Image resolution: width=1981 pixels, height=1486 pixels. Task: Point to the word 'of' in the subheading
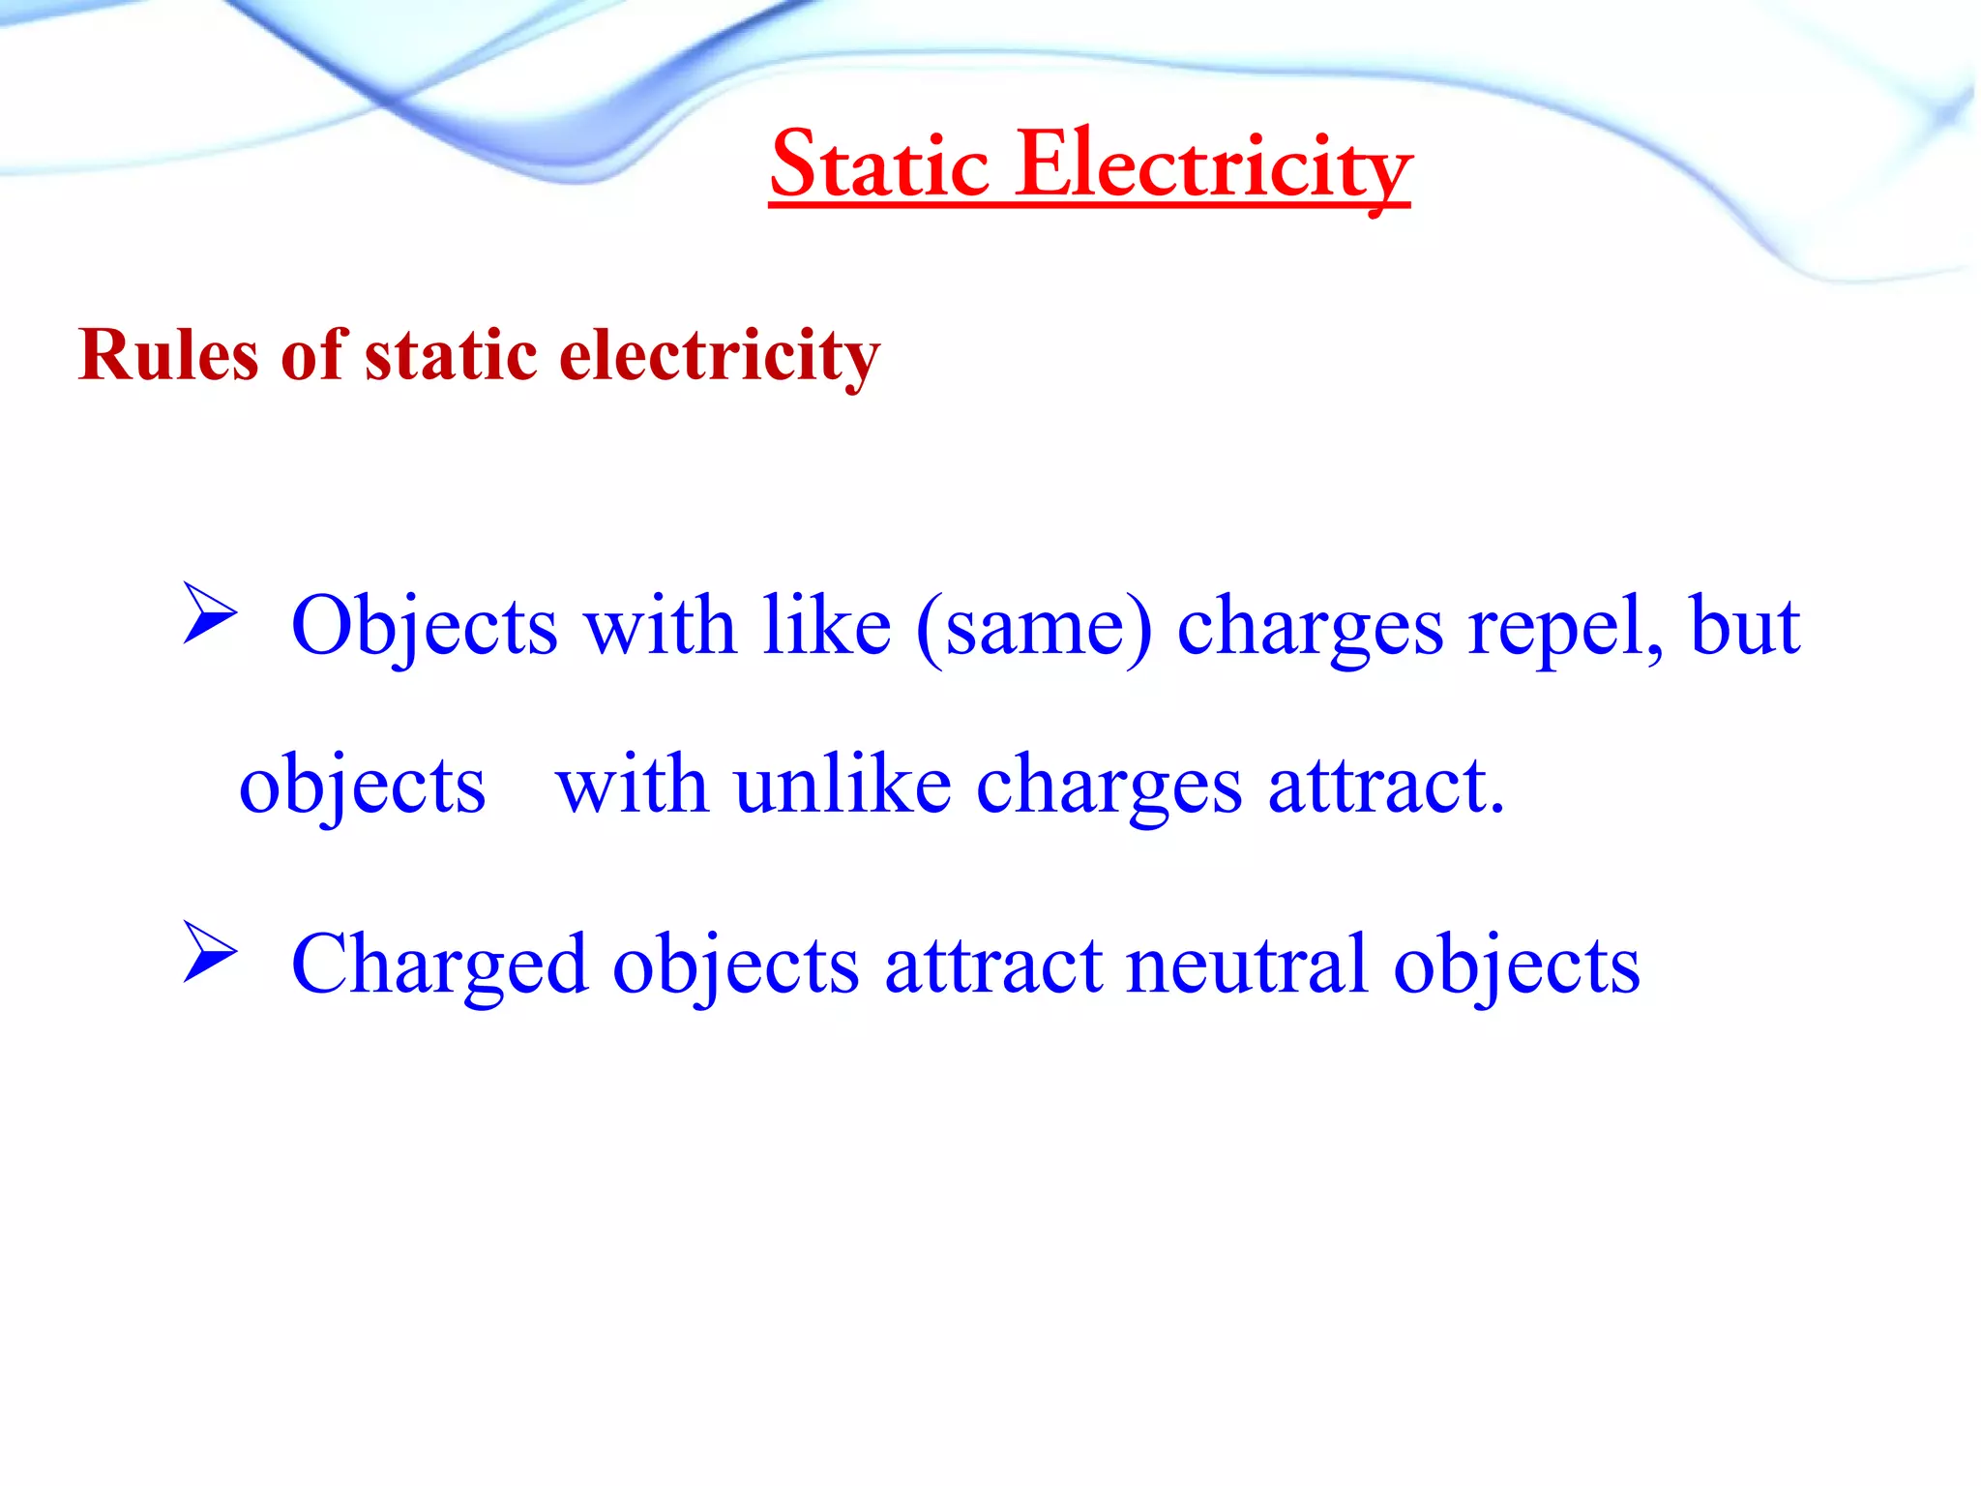click(312, 355)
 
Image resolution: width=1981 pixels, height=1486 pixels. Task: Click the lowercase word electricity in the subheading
click(720, 355)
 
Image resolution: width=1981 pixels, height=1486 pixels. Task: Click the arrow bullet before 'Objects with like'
click(210, 614)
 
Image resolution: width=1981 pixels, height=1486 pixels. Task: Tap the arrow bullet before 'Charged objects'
click(210, 952)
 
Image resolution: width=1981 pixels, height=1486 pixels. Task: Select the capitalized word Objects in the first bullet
click(425, 627)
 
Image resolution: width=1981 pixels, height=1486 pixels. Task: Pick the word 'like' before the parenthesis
click(826, 627)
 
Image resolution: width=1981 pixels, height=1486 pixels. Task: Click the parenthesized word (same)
click(1034, 627)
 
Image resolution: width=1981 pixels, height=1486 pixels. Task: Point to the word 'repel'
click(1564, 627)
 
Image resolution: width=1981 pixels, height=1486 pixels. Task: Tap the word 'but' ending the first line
click(1744, 627)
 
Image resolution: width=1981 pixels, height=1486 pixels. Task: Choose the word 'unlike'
click(843, 785)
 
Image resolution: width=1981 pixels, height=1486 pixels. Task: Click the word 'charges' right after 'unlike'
click(1109, 785)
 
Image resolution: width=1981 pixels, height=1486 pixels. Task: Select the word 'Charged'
click(439, 965)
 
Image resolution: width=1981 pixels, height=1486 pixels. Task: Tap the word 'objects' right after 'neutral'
click(1516, 965)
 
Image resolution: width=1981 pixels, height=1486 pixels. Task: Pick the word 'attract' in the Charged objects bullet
click(993, 965)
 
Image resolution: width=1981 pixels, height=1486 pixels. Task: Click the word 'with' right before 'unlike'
click(631, 785)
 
